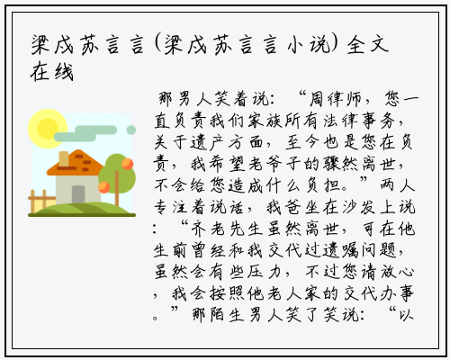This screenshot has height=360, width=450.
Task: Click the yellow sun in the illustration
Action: tap(48, 129)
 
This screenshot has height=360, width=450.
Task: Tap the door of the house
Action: tap(78, 194)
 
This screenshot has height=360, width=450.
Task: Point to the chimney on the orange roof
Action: tap(64, 158)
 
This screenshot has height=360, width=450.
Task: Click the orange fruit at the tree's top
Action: tap(127, 164)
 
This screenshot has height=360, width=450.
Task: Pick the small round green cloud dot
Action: tap(131, 130)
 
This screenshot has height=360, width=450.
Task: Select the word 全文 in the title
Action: tap(368, 46)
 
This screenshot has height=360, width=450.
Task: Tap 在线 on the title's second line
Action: tap(52, 72)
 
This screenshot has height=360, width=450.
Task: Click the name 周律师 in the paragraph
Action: tap(336, 99)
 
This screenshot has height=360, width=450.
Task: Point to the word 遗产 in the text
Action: tap(200, 142)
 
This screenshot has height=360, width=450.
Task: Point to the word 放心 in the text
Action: tap(397, 272)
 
